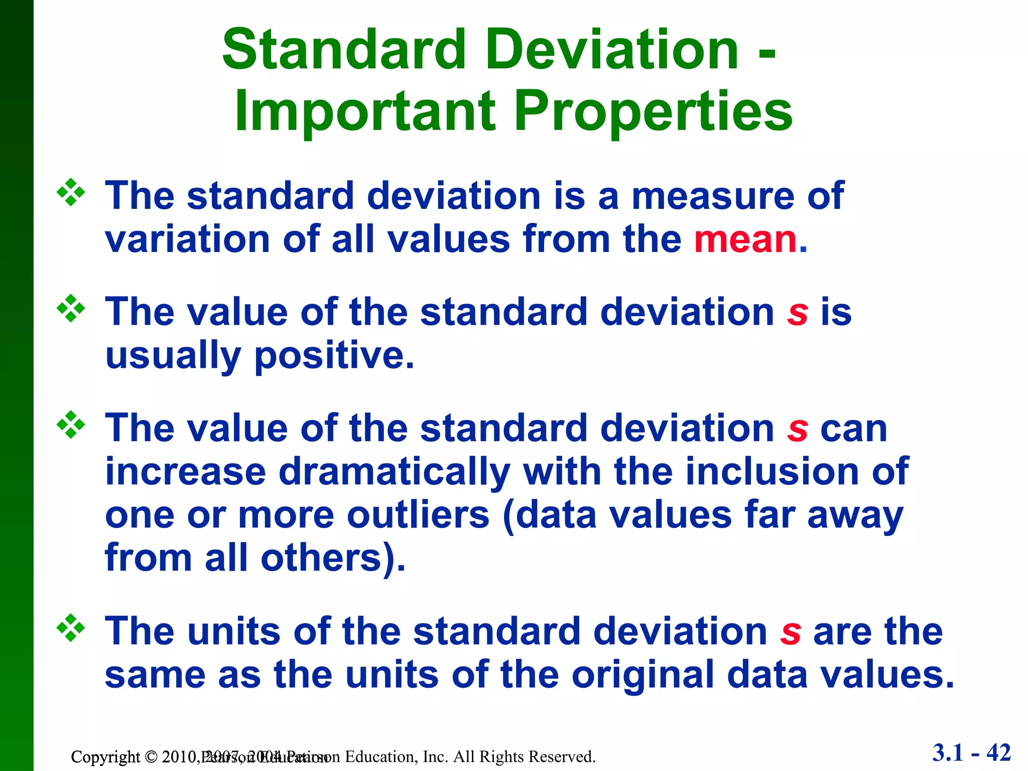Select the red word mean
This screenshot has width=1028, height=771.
pos(745,239)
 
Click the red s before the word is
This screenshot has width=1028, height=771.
pos(797,313)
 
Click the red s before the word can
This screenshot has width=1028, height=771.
pos(797,429)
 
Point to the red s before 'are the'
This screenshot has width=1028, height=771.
pos(790,632)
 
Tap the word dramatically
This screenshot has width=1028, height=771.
pos(394,472)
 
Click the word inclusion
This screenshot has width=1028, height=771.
pos(772,472)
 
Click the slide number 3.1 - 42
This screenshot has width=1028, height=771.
pos(971,753)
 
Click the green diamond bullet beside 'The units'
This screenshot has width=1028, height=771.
pos(71,627)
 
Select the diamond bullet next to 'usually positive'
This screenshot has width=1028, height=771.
pos(71,308)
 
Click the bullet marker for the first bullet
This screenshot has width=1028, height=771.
pos(71,192)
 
